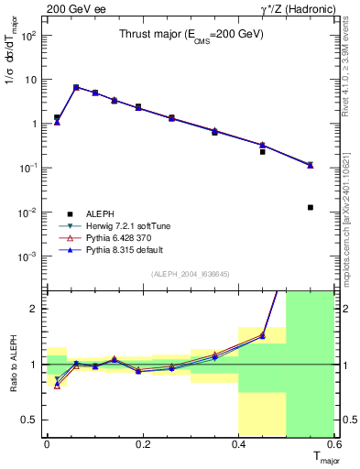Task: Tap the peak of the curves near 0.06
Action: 76,87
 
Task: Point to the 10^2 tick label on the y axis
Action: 28,36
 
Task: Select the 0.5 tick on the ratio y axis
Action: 32,420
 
